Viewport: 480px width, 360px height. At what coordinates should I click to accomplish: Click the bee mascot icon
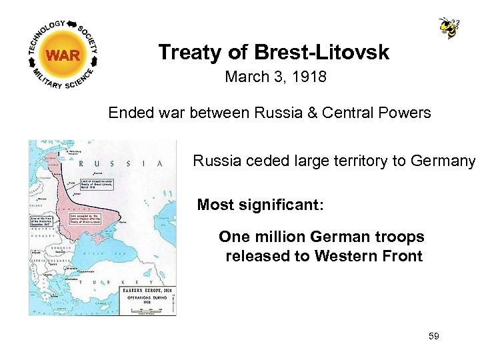tap(449, 27)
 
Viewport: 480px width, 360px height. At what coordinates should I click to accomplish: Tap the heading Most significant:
tap(260, 205)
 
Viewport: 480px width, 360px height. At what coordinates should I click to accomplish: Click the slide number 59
tap(434, 337)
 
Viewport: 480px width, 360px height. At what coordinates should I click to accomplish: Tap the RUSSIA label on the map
tap(121, 163)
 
